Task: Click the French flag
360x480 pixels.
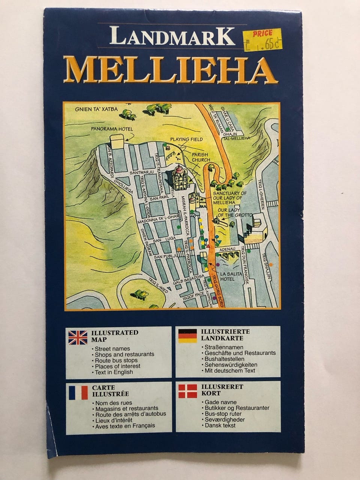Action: point(78,393)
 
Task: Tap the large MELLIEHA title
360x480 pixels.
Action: point(170,70)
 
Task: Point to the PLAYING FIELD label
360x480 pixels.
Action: point(186,139)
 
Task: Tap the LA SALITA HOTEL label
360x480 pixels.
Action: point(232,276)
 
